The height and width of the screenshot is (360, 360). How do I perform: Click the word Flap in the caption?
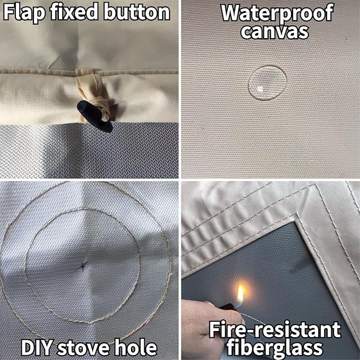[x=24, y=13]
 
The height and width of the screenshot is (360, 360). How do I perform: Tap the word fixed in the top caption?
[x=74, y=12]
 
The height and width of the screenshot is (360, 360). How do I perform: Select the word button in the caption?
[x=137, y=12]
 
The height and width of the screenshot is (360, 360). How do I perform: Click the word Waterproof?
[x=277, y=13]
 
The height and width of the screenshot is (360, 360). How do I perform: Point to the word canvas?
[x=275, y=32]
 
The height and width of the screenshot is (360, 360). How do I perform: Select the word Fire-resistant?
[x=275, y=330]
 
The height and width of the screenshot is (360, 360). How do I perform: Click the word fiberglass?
[x=274, y=348]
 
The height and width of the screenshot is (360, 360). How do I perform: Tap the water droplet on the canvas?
[x=267, y=83]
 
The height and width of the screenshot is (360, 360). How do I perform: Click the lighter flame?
[x=240, y=293]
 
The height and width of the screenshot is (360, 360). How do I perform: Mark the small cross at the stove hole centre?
[x=83, y=266]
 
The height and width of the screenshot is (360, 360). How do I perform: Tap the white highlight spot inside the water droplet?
[x=260, y=89]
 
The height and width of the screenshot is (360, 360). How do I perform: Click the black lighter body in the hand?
[x=227, y=306]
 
